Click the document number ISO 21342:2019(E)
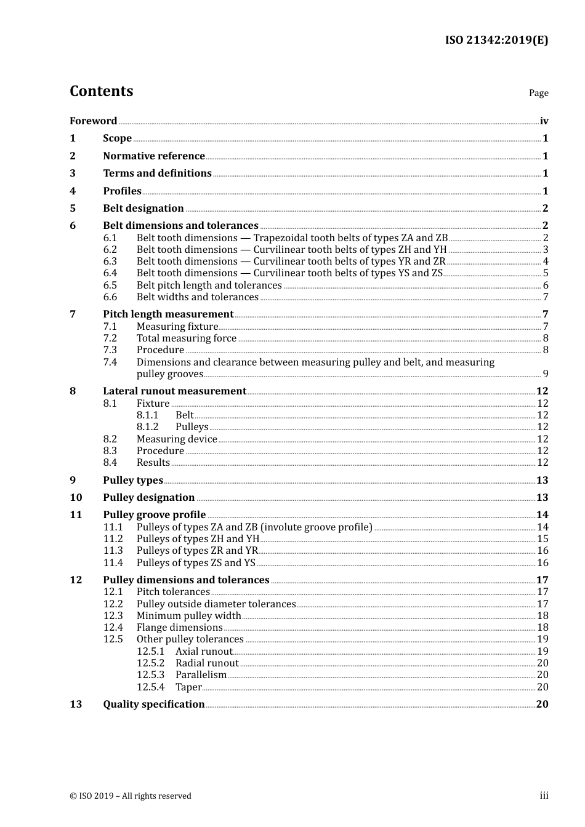click(496, 41)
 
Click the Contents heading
click(101, 91)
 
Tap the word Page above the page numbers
click(538, 93)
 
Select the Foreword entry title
click(93, 121)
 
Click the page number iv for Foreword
click(544, 121)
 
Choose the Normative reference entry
click(153, 156)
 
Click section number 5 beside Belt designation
click(73, 209)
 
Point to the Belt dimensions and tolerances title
click(180, 226)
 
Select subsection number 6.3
click(110, 262)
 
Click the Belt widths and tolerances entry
click(197, 297)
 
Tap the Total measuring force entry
click(186, 338)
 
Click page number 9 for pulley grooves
click(545, 374)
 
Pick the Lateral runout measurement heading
click(174, 391)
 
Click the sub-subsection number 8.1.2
click(147, 427)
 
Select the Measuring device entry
click(177, 439)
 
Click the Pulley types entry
click(133, 481)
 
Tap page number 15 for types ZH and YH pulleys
click(543, 539)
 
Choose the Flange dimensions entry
click(179, 628)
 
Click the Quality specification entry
click(153, 705)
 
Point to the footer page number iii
click(544, 796)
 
